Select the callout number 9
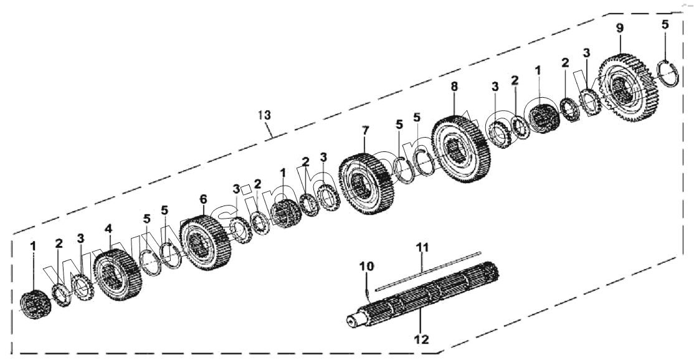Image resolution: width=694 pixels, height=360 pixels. tap(619, 28)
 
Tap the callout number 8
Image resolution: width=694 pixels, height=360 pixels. tap(454, 87)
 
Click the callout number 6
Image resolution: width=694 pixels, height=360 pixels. tap(202, 199)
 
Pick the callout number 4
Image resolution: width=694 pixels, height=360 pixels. tap(108, 229)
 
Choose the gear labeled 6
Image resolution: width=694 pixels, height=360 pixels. tap(205, 244)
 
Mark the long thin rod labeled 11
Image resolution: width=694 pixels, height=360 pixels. tap(430, 268)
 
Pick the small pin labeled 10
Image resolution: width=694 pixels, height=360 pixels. tap(368, 288)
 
